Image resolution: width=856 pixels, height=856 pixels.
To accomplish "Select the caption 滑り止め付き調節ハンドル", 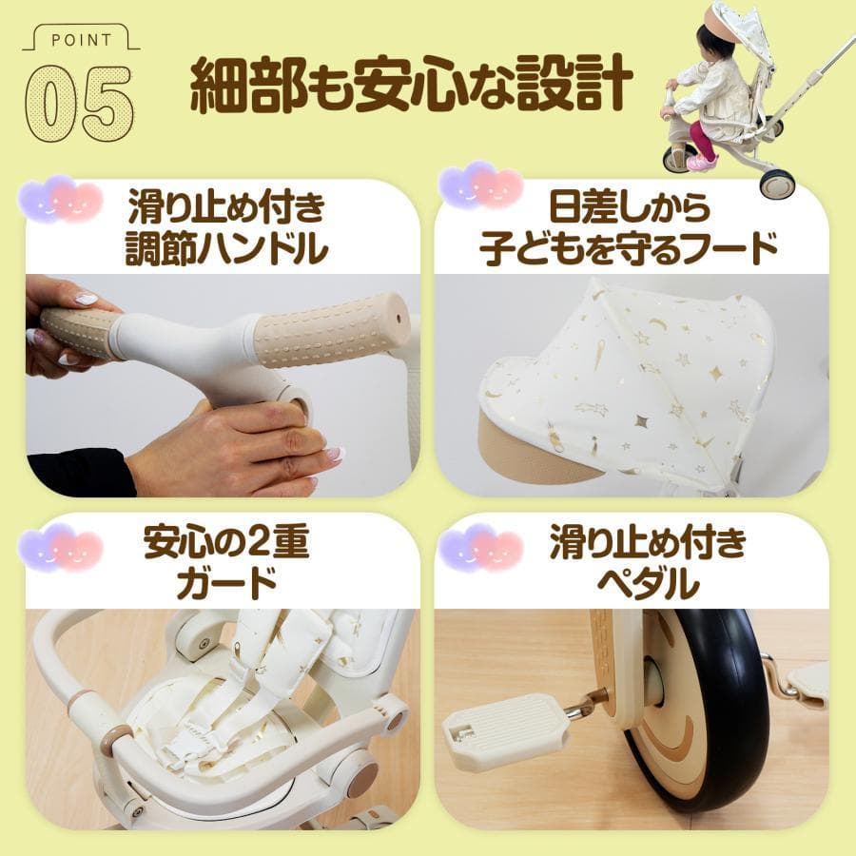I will pos(226,227).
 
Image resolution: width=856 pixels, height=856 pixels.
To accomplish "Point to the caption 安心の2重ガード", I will pos(226,563).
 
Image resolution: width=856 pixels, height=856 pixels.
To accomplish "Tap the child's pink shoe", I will pos(702,163).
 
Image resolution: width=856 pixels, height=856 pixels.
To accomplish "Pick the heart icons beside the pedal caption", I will pos(479,548).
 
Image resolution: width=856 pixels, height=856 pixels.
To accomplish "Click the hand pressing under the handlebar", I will pos(233,447).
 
